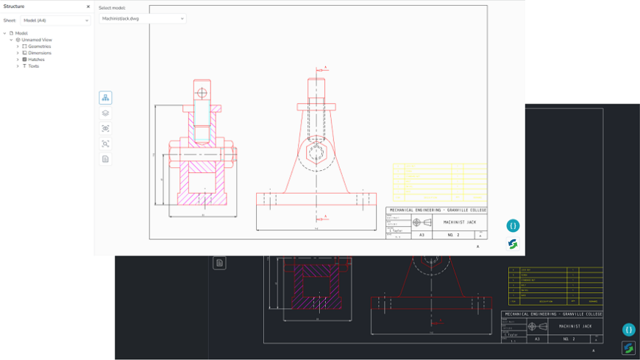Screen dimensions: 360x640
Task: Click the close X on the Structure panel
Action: point(88,7)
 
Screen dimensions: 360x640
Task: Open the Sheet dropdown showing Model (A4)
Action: point(55,21)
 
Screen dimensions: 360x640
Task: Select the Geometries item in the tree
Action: point(39,46)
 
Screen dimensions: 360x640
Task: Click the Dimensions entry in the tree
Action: point(39,53)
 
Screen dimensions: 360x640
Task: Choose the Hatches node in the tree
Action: point(36,60)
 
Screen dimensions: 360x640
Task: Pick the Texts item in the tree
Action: point(33,66)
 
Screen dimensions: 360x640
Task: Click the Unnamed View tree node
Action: point(36,40)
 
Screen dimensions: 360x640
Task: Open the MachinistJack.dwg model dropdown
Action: point(143,18)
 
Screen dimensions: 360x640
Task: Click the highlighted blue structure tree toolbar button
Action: point(105,98)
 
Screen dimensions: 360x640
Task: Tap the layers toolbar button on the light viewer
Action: point(105,113)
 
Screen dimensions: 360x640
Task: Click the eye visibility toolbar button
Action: point(105,129)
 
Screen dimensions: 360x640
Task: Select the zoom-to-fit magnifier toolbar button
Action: point(105,144)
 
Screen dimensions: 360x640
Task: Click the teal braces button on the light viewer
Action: point(513,226)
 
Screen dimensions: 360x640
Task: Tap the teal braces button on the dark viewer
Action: point(628,330)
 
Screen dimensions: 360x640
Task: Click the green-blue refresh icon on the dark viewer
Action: point(628,347)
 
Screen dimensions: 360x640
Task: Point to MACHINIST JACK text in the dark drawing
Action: point(577,326)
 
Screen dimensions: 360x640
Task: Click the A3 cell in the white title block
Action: point(422,235)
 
